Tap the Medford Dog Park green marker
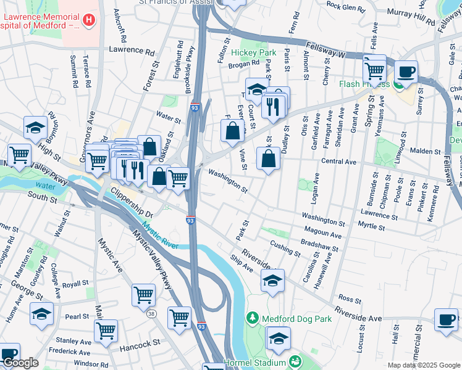252,319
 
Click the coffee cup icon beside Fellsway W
406,72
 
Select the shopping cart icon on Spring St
374,69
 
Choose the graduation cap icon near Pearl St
41,314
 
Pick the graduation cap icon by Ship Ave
273,281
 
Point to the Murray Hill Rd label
411,17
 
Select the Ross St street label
350,299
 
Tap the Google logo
20,363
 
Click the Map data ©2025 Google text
424,365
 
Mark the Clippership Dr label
132,205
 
